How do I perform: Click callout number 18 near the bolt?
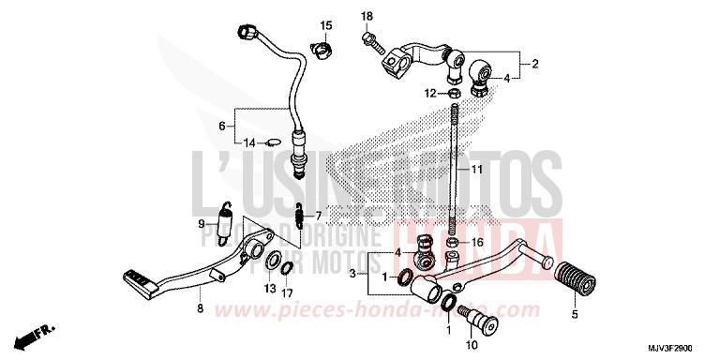[x=367, y=17]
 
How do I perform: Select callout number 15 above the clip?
[x=326, y=25]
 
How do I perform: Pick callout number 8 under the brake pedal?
[x=199, y=308]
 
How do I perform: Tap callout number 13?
[x=270, y=289]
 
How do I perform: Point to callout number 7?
[x=318, y=215]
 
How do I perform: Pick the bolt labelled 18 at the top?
[x=372, y=38]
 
